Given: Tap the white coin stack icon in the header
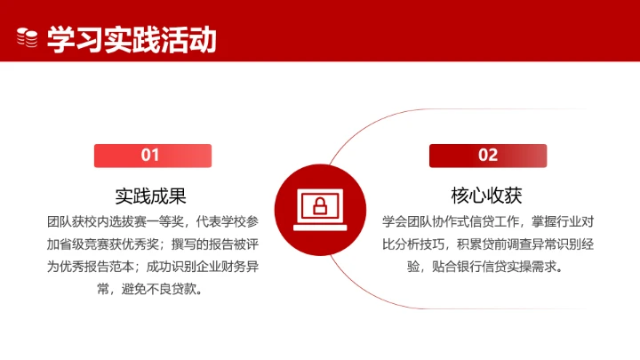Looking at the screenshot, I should coord(28,38).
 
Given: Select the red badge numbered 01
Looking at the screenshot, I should coord(152,156).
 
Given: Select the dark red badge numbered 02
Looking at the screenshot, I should coord(488,156).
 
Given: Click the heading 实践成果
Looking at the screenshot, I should coord(151,195).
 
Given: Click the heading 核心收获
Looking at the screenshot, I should coord(487,195).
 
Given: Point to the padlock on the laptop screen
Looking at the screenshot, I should coord(319,207).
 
